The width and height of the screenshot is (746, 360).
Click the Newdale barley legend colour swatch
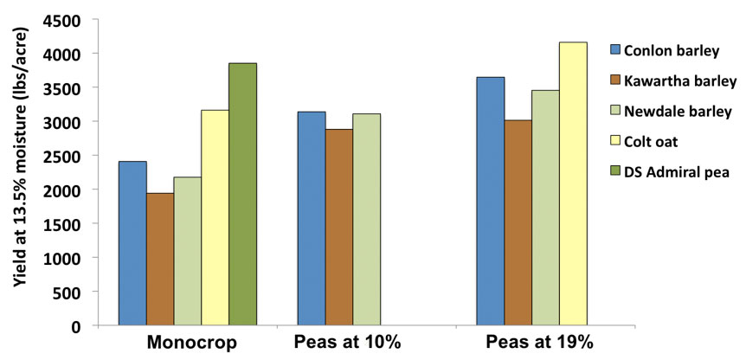616,111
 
